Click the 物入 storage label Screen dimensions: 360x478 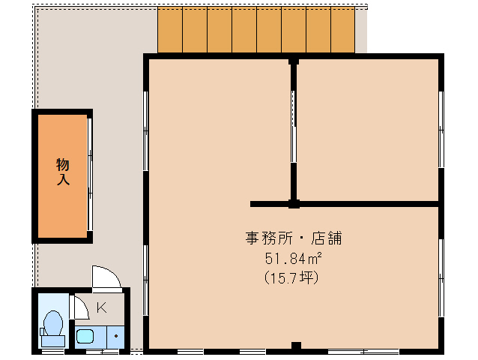[x=62, y=172]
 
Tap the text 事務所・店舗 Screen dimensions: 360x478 [x=294, y=238]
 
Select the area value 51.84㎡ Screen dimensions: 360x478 [x=293, y=259]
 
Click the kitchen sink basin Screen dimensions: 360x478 [x=85, y=336]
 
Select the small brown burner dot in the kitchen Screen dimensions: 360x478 [x=116, y=336]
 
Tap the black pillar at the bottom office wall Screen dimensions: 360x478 [x=296, y=346]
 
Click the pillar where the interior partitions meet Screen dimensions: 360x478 [x=294, y=203]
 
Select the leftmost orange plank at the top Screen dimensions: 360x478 [x=169, y=31]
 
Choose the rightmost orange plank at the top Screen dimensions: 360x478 [x=342, y=31]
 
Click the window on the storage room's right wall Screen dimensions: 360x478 [x=90, y=176]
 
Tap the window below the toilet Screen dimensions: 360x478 [x=52, y=351]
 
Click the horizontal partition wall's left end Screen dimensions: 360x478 [x=254, y=203]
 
